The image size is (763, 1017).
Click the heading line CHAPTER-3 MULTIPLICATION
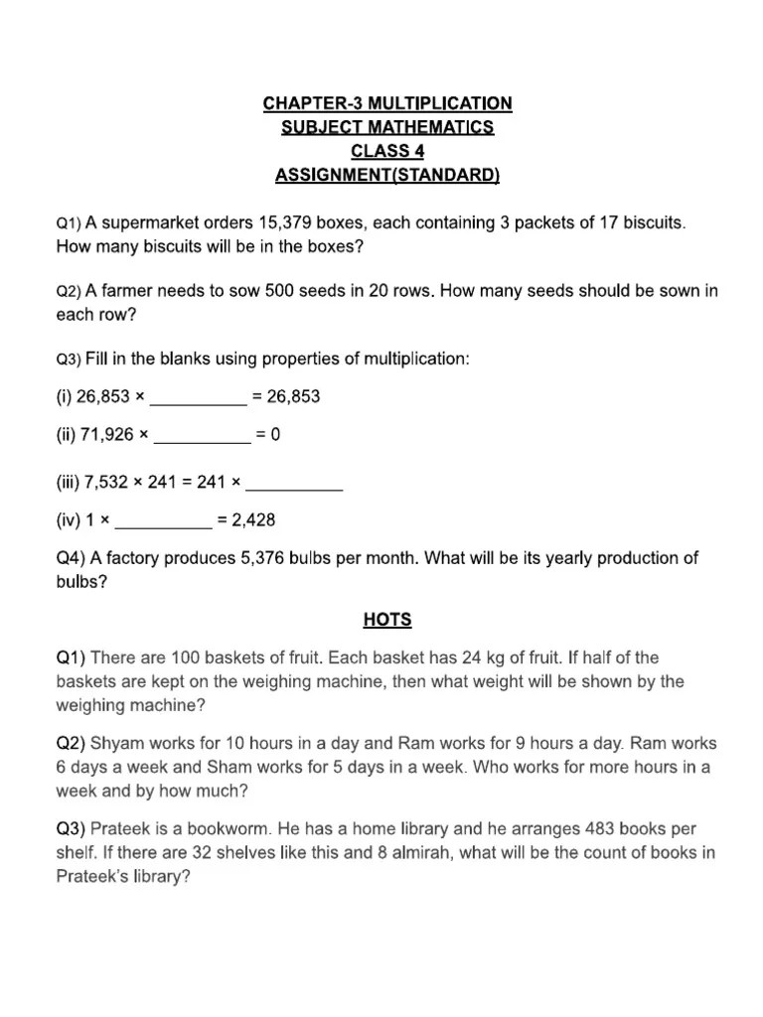click(387, 103)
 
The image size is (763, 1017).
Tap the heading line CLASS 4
click(387, 152)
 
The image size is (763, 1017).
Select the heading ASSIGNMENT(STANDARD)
click(387, 176)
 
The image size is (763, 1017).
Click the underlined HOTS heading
click(387, 620)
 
